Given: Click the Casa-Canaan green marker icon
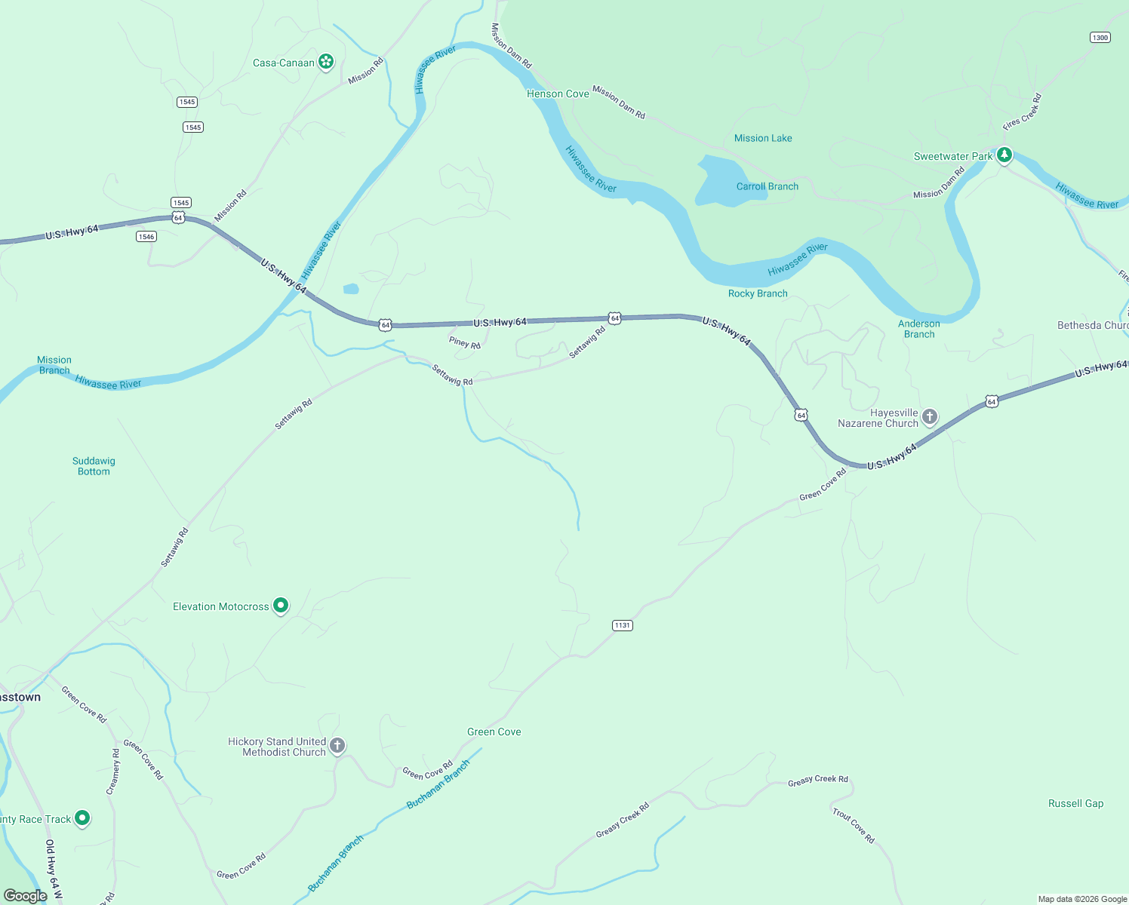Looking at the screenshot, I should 326,62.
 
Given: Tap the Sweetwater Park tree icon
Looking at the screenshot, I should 1004,155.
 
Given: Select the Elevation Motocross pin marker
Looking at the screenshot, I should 281,605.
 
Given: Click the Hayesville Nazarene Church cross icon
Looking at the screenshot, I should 930,416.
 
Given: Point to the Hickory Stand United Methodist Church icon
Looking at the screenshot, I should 337,746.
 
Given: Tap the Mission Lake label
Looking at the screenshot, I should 763,138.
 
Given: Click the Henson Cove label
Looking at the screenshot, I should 558,94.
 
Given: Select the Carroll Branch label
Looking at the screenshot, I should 767,186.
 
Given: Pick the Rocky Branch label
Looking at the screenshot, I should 758,293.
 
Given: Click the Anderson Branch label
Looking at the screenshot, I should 918,329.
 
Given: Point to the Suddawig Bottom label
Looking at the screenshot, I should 94,466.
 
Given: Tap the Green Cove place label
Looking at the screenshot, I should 494,732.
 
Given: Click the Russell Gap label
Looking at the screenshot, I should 1075,803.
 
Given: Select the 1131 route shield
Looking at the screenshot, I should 622,625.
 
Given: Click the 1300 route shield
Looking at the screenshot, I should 1100,38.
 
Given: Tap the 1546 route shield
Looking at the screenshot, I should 146,237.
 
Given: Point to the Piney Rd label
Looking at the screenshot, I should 465,343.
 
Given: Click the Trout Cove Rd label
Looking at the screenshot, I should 854,826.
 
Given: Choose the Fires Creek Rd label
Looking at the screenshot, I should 1023,112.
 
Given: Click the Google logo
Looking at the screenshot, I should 26,895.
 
